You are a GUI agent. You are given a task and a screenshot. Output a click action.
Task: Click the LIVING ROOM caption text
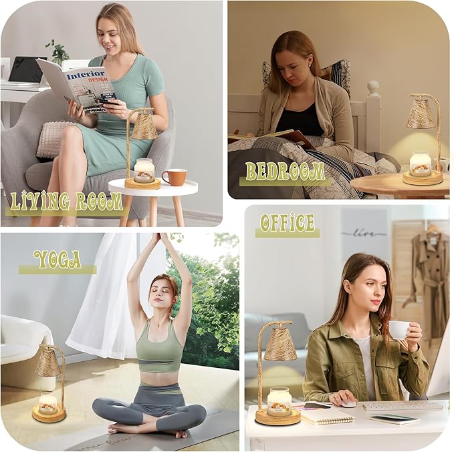[66, 201]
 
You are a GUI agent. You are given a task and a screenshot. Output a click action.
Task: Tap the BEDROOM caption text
[285, 172]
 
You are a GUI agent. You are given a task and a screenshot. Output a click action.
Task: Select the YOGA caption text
[57, 259]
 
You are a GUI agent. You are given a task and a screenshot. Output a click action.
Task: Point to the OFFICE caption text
[288, 223]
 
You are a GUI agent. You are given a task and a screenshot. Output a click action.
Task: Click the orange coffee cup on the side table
[175, 177]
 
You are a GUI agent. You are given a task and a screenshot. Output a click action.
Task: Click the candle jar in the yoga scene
[48, 403]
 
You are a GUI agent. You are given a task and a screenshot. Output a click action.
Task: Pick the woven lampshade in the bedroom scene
[421, 114]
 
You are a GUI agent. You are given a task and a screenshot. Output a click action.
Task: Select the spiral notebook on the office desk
[327, 417]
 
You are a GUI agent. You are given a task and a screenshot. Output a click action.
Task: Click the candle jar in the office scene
[279, 401]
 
